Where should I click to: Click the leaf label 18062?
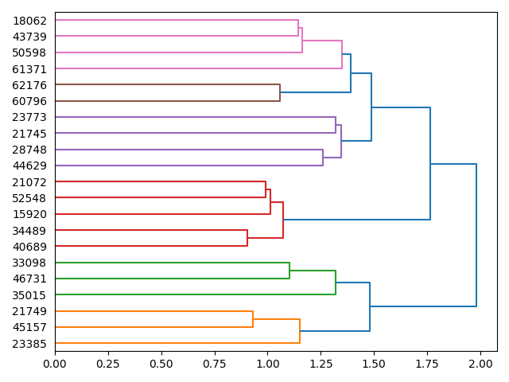30,21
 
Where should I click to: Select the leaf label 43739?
30,37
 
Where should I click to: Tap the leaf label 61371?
30,69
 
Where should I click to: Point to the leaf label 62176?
30,85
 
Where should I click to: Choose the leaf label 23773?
30,118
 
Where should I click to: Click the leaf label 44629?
30,166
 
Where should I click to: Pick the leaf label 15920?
30,214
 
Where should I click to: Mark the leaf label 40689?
30,247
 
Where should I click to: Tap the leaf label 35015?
30,295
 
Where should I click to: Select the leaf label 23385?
30,344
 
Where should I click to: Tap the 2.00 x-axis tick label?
480,364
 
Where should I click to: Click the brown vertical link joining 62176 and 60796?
280,93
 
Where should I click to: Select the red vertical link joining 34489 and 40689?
247,238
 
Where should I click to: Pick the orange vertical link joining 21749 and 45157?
253,319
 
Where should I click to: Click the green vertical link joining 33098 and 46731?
289,271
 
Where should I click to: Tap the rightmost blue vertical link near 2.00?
476,235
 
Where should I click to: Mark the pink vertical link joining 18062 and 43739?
298,29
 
